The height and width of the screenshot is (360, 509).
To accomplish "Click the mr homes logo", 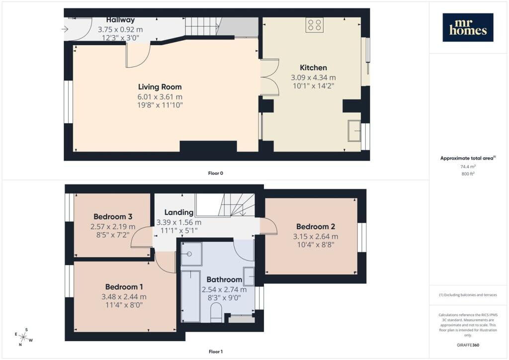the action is (x=468, y=27).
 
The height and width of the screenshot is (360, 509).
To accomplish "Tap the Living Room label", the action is (x=160, y=87).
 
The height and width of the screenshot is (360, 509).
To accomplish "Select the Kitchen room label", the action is (x=313, y=68).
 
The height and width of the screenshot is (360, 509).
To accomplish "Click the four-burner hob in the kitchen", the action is (x=315, y=25).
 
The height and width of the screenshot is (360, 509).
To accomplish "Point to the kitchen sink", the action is (x=354, y=131).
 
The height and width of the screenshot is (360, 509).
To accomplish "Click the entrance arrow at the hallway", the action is (x=65, y=29).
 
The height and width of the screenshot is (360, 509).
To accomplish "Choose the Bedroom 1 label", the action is (x=124, y=286).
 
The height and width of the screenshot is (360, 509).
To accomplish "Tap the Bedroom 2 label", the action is (x=316, y=226).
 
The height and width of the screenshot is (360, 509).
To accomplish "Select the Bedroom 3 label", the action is (x=113, y=216).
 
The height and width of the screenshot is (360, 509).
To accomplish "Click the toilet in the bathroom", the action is (x=216, y=312).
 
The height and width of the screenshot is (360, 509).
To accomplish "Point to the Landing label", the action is (x=179, y=212).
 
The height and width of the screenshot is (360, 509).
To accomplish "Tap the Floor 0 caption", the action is (x=216, y=173).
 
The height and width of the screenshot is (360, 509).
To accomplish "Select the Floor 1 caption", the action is (x=216, y=352).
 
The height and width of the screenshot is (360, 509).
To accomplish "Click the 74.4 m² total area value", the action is (x=468, y=167).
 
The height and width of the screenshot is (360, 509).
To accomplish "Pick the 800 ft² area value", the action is (x=468, y=174).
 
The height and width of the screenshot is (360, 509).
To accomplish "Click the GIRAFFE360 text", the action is (x=468, y=345).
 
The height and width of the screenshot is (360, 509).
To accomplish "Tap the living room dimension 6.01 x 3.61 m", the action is (x=160, y=97).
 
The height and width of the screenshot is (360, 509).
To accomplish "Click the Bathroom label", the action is (x=224, y=279).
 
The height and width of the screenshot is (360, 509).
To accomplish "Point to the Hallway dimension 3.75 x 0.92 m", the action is (x=120, y=29).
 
